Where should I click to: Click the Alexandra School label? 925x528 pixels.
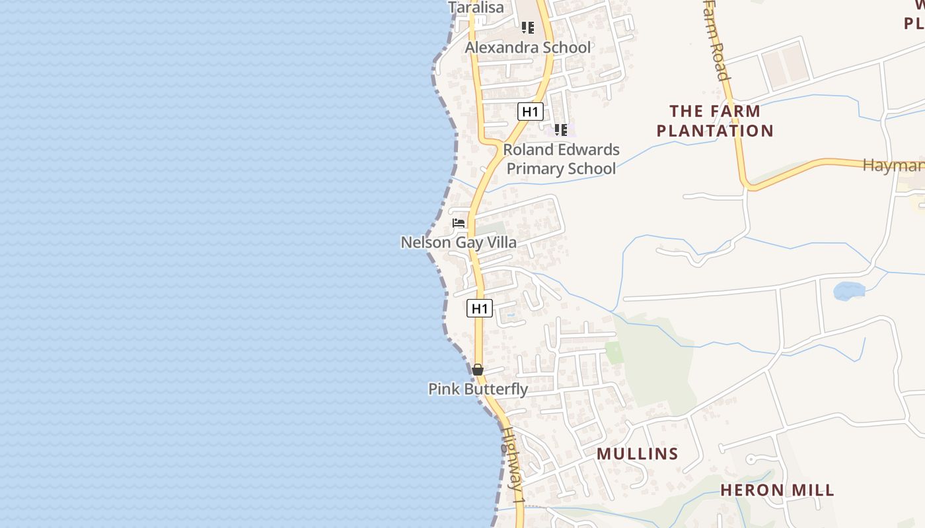(x=528, y=48)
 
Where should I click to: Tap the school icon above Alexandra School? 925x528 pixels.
(x=527, y=28)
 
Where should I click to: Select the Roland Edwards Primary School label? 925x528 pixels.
(x=561, y=159)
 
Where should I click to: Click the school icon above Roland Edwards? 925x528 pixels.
(x=560, y=130)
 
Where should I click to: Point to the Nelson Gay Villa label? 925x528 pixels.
(x=459, y=242)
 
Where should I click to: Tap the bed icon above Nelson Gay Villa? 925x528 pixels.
(x=459, y=223)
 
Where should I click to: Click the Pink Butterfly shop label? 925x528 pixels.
(x=478, y=389)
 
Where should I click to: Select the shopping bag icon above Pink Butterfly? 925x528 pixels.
(x=478, y=370)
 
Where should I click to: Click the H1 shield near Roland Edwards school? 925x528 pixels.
(x=530, y=112)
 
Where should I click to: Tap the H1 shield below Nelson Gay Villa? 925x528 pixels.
(x=480, y=308)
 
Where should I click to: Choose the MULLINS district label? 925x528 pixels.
(x=638, y=453)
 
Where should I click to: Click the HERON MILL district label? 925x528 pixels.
(x=777, y=490)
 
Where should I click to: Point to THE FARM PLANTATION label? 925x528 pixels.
(x=715, y=121)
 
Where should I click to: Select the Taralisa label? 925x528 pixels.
(x=476, y=8)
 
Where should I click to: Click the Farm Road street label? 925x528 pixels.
(x=716, y=40)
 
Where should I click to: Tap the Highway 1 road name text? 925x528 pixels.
(x=513, y=466)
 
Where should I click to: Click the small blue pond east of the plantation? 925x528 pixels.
(x=848, y=291)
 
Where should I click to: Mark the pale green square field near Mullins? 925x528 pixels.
(x=614, y=352)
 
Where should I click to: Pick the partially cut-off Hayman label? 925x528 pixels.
(x=893, y=165)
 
